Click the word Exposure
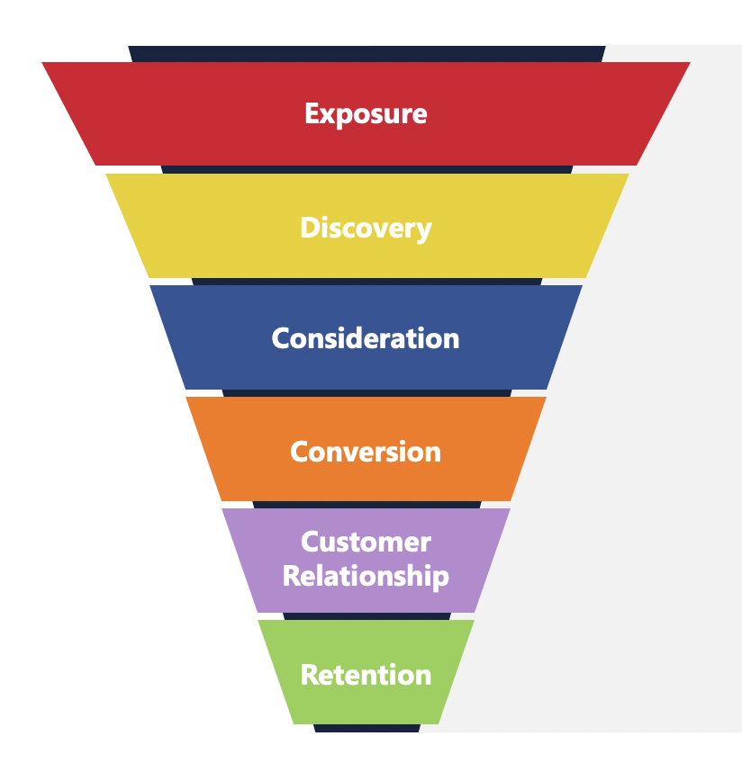[366, 114]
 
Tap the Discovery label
[366, 228]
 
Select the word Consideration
[366, 338]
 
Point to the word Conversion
[366, 451]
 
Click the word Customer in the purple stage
[366, 543]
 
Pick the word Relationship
[366, 576]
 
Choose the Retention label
[366, 675]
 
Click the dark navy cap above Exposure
[366, 53]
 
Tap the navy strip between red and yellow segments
[366, 169]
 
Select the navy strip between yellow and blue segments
[366, 281]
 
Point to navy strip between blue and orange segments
[366, 392]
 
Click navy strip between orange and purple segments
[366, 504]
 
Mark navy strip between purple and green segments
[366, 615]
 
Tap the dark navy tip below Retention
[366, 728]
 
